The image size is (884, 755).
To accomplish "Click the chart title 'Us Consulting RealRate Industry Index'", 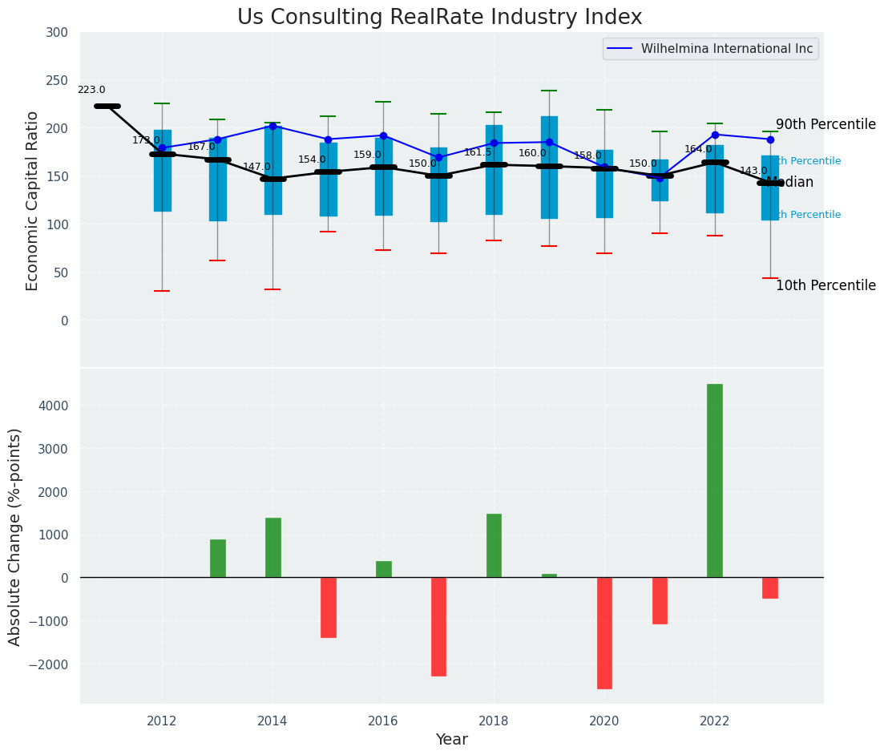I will coord(439,18).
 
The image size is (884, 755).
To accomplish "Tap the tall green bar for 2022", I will coord(714,480).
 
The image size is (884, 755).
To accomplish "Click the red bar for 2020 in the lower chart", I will coord(604,632).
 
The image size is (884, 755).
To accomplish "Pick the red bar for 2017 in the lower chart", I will coord(438,626).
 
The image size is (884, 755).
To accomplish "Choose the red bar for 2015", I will coord(328,607).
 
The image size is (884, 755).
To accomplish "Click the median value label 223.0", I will coord(91,91).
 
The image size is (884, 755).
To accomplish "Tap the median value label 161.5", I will coord(478,152).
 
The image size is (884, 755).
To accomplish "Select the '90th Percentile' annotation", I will coord(825,125).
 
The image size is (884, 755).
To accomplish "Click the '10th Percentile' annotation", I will coord(825,286).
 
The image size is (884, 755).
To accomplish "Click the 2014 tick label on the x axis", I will coord(272,721).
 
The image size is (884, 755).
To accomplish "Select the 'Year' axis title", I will coord(451,740).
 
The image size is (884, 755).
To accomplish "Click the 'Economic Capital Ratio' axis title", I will coord(33,200).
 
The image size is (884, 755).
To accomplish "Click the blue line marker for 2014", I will coord(272,126).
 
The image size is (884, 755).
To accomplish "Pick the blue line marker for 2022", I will coord(715,135).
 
